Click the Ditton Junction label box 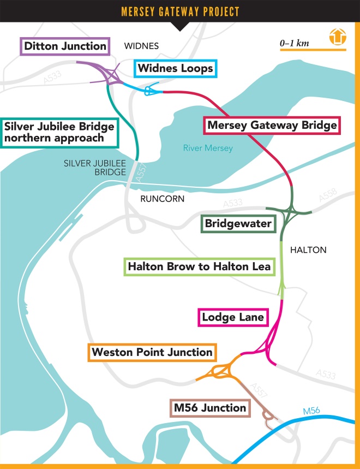point(65,46)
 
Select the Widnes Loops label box point(175,69)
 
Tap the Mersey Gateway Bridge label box point(271,125)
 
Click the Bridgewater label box point(238,223)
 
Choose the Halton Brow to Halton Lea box point(199,268)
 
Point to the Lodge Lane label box point(233,317)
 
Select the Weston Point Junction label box point(152,352)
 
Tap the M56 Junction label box point(210,407)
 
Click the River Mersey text point(208,148)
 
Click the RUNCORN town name point(162,199)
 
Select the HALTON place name point(308,250)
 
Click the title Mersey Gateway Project point(179,11)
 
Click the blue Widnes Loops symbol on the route point(151,92)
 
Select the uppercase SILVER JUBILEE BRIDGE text point(95,167)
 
